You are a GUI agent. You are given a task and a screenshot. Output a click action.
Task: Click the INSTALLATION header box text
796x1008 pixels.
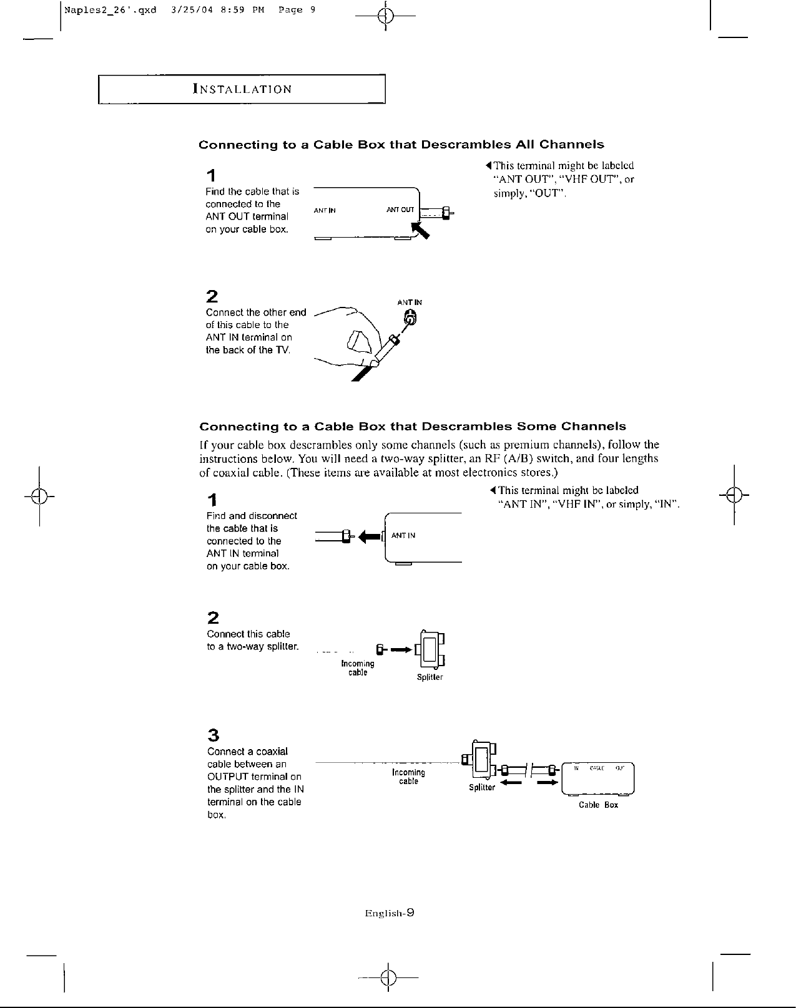[x=242, y=89]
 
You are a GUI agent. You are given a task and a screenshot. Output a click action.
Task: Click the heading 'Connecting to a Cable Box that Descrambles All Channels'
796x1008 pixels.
[x=401, y=145]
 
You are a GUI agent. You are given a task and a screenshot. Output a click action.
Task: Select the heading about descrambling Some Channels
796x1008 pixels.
[x=412, y=427]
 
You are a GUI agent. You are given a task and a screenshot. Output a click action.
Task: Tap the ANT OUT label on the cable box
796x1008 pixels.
[x=400, y=210]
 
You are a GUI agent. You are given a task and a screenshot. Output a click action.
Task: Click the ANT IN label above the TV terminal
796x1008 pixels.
[x=410, y=303]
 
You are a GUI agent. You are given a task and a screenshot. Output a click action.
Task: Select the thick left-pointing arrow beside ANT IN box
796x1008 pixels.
[x=371, y=536]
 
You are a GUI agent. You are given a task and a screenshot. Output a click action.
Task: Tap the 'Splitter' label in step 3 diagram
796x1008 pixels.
[x=482, y=787]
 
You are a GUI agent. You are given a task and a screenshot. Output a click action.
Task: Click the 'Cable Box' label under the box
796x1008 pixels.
[x=598, y=805]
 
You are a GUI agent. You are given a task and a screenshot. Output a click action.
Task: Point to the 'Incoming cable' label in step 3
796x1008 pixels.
[x=408, y=777]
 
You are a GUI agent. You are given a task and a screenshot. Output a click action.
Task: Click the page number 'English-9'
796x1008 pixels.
[x=390, y=913]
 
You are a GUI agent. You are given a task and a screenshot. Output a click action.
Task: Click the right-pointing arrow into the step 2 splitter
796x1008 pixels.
[x=401, y=650]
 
